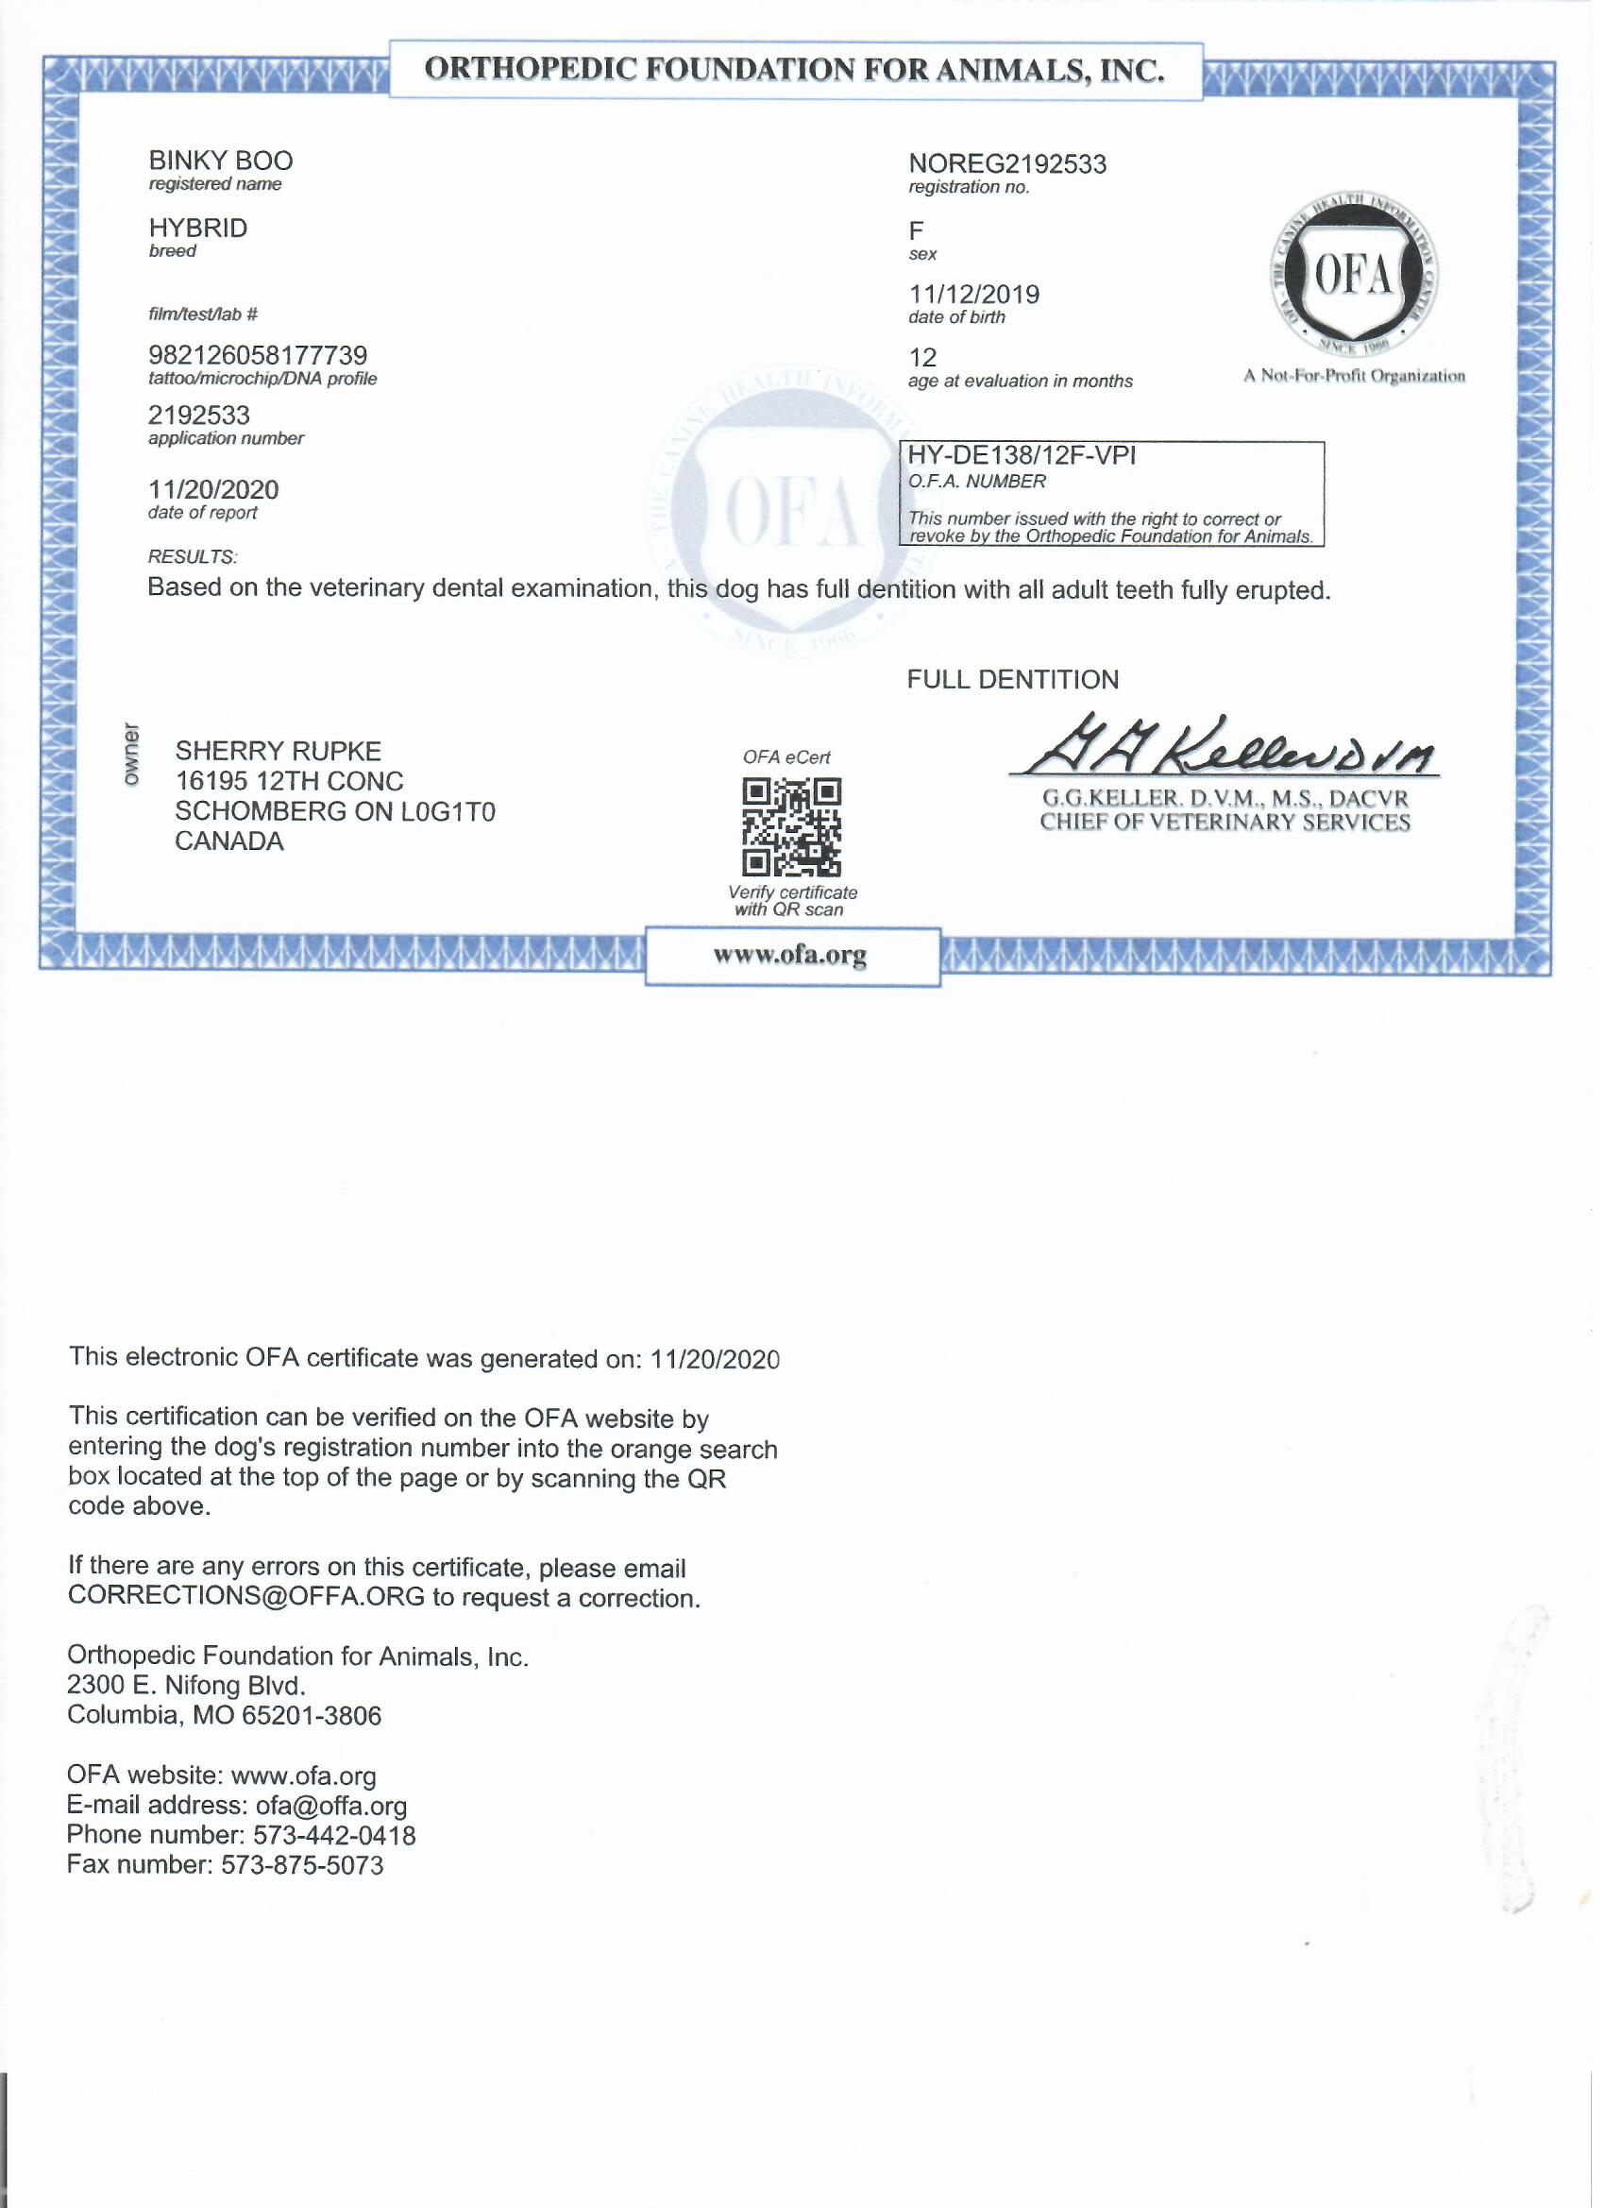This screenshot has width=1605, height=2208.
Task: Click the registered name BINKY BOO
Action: (x=221, y=161)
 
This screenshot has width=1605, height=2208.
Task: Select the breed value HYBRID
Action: (x=197, y=228)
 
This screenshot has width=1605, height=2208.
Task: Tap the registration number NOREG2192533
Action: (x=1007, y=163)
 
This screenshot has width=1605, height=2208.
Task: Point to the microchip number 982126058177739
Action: (x=258, y=355)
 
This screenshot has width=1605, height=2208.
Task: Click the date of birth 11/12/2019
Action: (x=974, y=294)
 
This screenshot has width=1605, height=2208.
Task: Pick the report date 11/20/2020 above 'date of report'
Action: (x=213, y=490)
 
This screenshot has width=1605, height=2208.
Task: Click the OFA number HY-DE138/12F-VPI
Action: (x=1021, y=455)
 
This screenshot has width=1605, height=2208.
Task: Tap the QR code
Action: (x=792, y=827)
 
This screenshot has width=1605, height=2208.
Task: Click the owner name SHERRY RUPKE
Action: (x=279, y=752)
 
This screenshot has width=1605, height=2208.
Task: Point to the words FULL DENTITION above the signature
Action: (x=1013, y=680)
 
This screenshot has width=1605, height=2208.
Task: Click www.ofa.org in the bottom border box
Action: (x=790, y=956)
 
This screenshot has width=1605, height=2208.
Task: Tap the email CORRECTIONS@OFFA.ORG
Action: (x=246, y=1598)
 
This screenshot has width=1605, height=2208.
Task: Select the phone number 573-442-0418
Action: (x=335, y=1836)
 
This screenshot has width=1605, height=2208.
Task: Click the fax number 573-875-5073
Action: (x=303, y=1866)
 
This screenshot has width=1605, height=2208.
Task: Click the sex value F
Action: (x=916, y=230)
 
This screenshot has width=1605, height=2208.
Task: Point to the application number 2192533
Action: (x=199, y=416)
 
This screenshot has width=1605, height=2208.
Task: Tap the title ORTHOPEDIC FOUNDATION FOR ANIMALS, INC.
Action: (x=795, y=70)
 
